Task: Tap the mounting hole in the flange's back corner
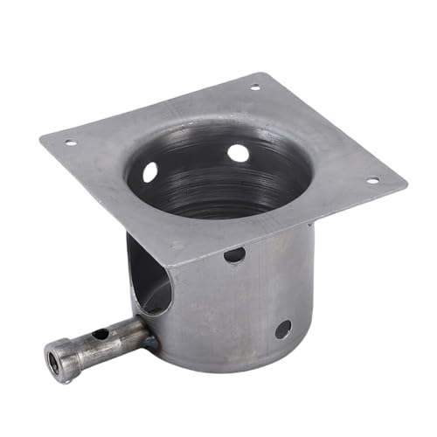(x=255, y=87)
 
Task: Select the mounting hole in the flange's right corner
(x=371, y=181)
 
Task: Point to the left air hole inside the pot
(x=150, y=172)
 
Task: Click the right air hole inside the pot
(x=238, y=153)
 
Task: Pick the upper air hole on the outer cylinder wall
(x=234, y=255)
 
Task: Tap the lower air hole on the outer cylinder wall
(x=283, y=329)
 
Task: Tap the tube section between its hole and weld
(x=127, y=334)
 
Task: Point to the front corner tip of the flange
(x=179, y=263)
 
